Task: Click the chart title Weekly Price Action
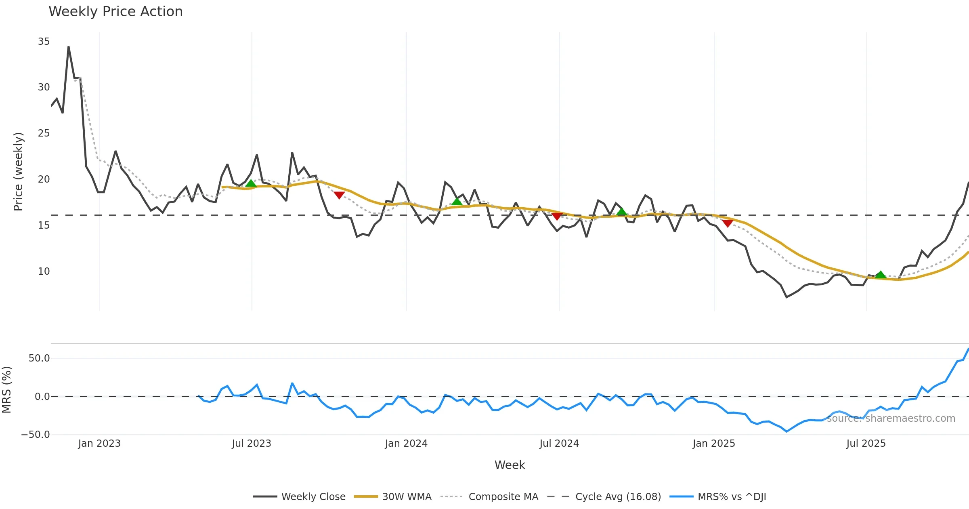point(115,12)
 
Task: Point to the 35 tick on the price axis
point(44,42)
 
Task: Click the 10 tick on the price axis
point(44,271)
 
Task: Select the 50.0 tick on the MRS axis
point(39,358)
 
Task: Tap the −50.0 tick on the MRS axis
point(36,435)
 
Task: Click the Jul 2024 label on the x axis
point(559,444)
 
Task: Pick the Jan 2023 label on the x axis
point(99,444)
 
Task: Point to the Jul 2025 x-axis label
point(866,444)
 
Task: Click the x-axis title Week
point(510,465)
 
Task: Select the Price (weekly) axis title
point(18,172)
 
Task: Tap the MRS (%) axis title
point(6,390)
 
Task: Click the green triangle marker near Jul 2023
point(251,184)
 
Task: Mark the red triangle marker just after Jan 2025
point(728,223)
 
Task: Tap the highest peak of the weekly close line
point(69,47)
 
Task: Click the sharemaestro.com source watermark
point(891,419)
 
